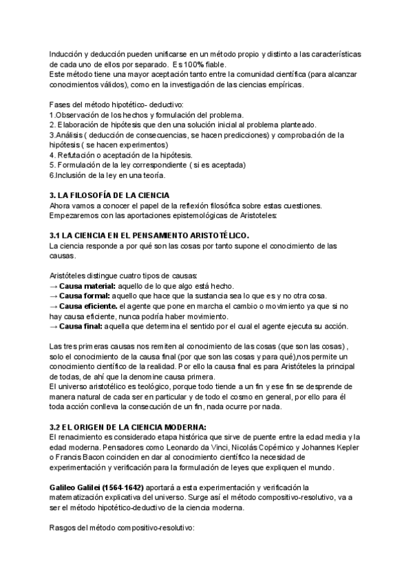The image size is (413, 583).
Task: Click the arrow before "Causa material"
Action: pos(54,286)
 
